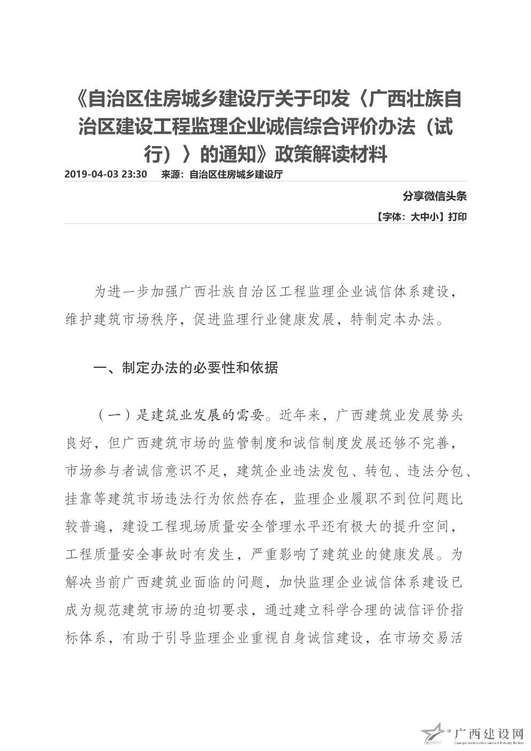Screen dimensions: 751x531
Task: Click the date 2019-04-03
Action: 92,175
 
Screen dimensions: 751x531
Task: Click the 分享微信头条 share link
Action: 435,196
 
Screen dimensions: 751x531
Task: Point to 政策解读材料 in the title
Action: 330,155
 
